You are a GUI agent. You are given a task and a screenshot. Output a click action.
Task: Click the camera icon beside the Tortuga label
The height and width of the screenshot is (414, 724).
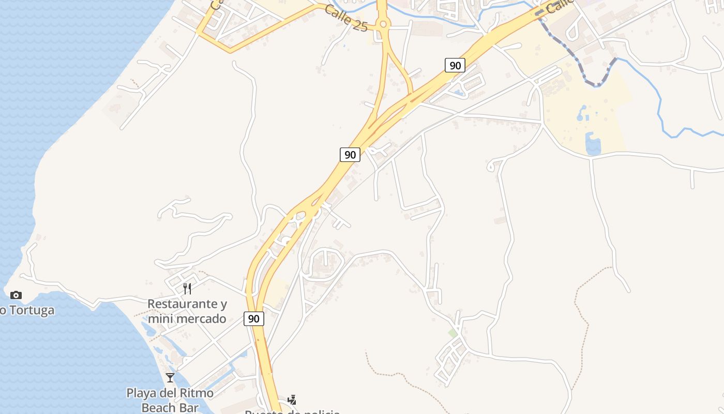(x=16, y=295)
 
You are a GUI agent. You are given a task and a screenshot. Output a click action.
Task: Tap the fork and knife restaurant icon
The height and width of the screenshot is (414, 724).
(x=187, y=288)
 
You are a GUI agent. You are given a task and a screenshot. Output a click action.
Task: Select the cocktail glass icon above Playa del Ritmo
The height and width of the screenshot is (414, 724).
(x=170, y=377)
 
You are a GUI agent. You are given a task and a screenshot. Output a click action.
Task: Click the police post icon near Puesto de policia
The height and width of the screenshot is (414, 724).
(x=292, y=400)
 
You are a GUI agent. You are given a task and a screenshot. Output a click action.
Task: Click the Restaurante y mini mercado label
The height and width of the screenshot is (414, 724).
(x=187, y=311)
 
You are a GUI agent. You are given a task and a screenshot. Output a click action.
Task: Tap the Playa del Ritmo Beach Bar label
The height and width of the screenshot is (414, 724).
(x=170, y=400)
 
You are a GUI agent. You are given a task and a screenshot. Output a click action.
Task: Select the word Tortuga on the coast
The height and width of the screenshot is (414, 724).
(x=30, y=310)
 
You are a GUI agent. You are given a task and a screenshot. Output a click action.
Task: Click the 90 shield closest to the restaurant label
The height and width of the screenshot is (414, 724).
(x=253, y=319)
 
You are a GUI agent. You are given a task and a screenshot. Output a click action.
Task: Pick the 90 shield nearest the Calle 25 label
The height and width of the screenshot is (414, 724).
(x=455, y=65)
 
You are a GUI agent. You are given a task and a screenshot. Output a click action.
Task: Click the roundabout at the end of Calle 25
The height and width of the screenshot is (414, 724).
(x=383, y=24)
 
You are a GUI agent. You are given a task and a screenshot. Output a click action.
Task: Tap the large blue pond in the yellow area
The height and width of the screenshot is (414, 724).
(x=593, y=144)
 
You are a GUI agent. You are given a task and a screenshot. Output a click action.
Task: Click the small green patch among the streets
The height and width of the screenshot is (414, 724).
(x=453, y=333)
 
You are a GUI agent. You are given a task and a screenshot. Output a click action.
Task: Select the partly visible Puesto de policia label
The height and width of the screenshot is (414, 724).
(x=292, y=411)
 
